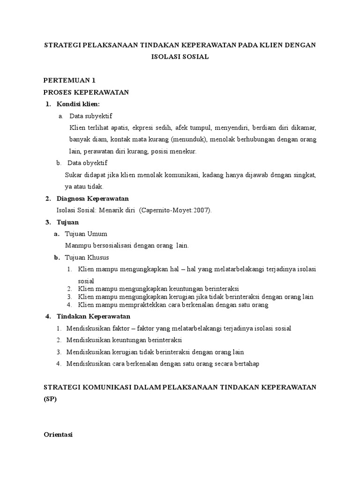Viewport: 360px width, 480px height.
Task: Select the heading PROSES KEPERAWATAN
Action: (x=86, y=92)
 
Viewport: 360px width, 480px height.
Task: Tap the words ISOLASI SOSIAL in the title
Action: (x=180, y=57)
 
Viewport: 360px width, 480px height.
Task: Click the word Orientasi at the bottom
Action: (x=58, y=435)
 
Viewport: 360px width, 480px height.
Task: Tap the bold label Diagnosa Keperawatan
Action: (x=92, y=199)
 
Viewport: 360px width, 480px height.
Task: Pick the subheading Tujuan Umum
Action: (x=87, y=234)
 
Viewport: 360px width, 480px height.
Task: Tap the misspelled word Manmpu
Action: (x=76, y=246)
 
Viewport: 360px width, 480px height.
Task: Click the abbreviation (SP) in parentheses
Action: (x=50, y=399)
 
